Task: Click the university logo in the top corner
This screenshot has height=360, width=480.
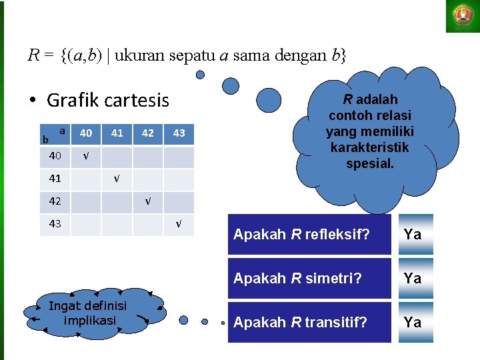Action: tap(462, 16)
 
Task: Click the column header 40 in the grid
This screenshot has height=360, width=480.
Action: tap(86, 133)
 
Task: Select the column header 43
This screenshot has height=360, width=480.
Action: tap(179, 133)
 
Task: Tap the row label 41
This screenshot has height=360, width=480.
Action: tap(55, 179)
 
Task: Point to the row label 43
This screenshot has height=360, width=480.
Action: tap(55, 224)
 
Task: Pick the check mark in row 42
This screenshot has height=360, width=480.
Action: tap(148, 201)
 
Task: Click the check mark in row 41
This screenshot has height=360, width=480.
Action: tap(117, 179)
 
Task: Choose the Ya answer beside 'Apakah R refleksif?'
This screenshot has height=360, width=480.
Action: tap(413, 235)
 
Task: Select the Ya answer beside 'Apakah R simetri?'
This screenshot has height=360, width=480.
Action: tap(413, 279)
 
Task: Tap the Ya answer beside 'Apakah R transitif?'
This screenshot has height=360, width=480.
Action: tap(413, 323)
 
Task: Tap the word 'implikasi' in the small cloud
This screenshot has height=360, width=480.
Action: tap(89, 321)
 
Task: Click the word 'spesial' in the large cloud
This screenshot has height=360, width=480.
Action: tap(370, 163)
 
